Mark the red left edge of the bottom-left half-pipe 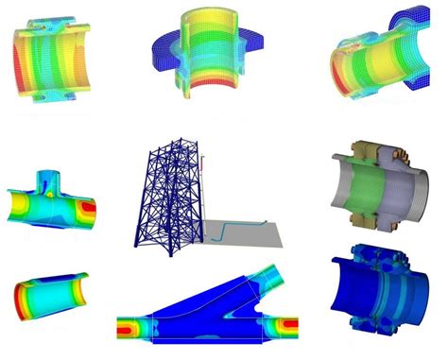[x=23, y=305]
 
